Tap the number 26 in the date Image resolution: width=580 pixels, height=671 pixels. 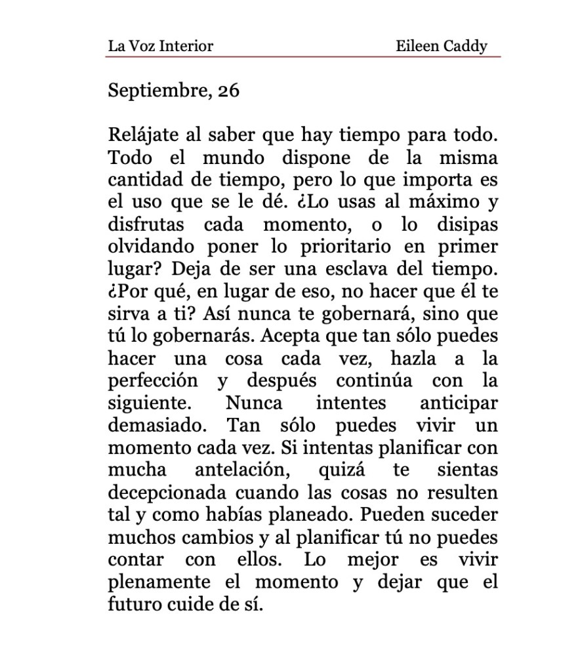(x=228, y=90)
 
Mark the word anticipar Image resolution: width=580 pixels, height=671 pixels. (x=459, y=403)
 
